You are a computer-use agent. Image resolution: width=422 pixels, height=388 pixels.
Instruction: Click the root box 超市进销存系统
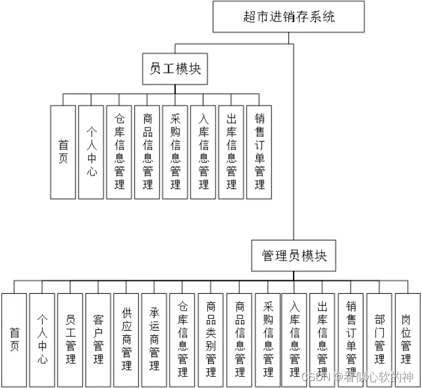(288, 16)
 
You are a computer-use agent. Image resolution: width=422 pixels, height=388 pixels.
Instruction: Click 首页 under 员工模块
(63, 152)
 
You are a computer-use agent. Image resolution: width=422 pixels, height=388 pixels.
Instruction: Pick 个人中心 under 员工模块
(91, 152)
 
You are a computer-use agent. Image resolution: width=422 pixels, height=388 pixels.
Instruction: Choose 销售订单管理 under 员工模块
(260, 152)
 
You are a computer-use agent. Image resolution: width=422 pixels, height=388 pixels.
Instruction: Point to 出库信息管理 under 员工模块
(232, 152)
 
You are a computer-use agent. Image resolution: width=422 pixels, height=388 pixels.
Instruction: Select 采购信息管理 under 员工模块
(175, 152)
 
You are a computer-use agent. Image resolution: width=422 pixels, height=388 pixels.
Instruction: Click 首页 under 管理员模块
(14, 339)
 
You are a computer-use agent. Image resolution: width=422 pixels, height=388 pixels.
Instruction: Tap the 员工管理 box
(70, 339)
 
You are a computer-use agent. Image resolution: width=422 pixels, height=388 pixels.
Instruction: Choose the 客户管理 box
(98, 339)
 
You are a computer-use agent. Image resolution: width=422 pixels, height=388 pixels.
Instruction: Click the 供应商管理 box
(127, 339)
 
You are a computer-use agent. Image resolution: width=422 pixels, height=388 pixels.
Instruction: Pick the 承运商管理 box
(155, 339)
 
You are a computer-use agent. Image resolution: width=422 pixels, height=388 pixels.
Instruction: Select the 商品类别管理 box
(211, 339)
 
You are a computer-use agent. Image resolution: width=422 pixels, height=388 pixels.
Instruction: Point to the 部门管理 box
(380, 339)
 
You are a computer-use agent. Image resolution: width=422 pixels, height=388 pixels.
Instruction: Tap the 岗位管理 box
(407, 339)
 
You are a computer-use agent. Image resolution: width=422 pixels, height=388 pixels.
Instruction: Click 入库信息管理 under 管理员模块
(295, 339)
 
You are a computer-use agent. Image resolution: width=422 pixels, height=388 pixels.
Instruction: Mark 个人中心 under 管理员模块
(42, 339)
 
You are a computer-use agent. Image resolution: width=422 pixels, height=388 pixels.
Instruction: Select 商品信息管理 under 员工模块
(147, 152)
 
